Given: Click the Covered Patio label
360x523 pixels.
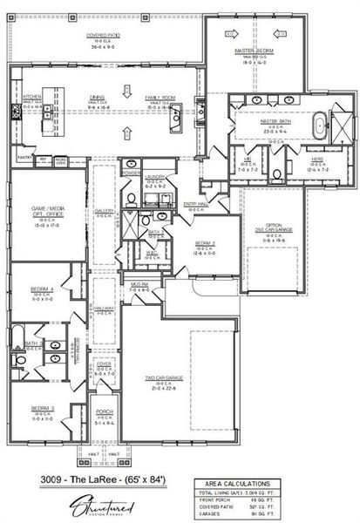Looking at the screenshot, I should click(102, 36).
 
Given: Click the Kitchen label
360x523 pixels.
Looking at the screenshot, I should click(32, 97).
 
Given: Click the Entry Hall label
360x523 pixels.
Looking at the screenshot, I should click(195, 203).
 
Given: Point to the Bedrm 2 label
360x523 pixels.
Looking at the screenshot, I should click(205, 243).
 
